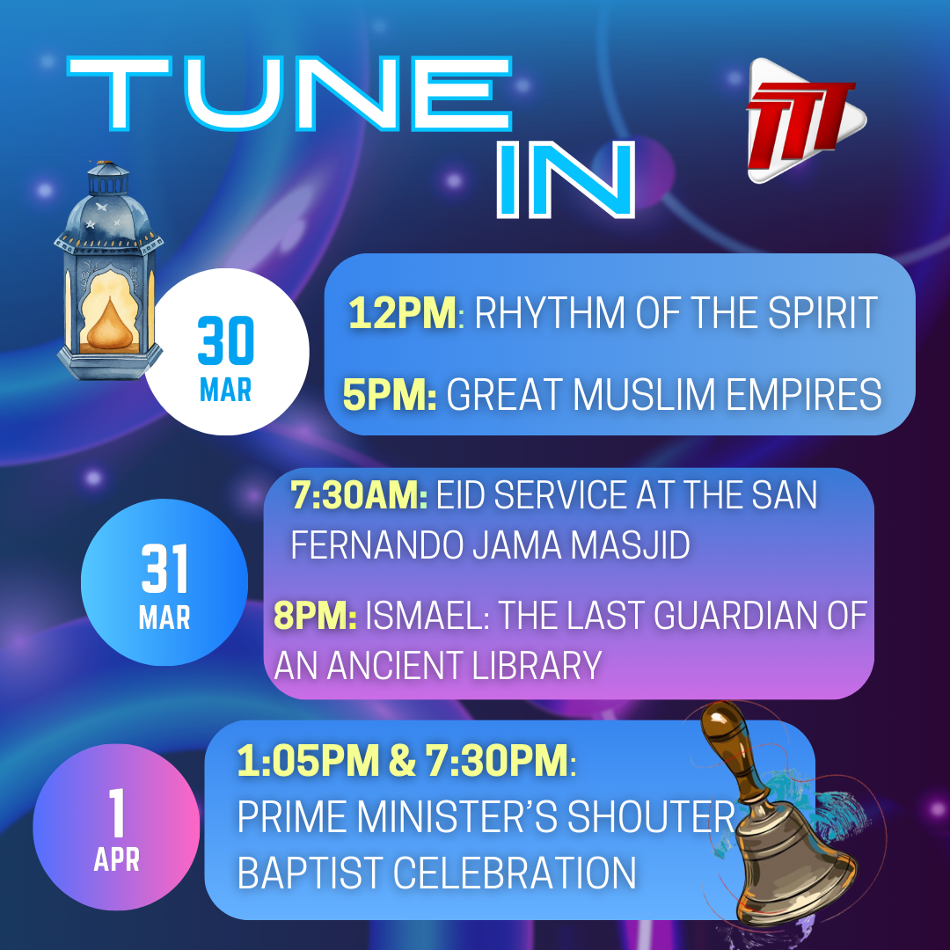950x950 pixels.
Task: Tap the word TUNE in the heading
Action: tap(289, 93)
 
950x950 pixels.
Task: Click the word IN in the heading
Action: tap(566, 179)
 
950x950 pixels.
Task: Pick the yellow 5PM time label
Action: tap(390, 394)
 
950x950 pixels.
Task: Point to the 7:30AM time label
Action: tap(359, 495)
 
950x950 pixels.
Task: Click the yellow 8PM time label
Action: tap(315, 616)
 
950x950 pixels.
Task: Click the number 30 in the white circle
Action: tap(226, 340)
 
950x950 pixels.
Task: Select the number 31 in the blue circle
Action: tap(164, 568)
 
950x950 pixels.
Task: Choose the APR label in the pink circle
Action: tap(116, 859)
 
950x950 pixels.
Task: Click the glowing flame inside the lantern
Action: tap(109, 325)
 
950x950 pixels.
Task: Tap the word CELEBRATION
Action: tap(515, 873)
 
